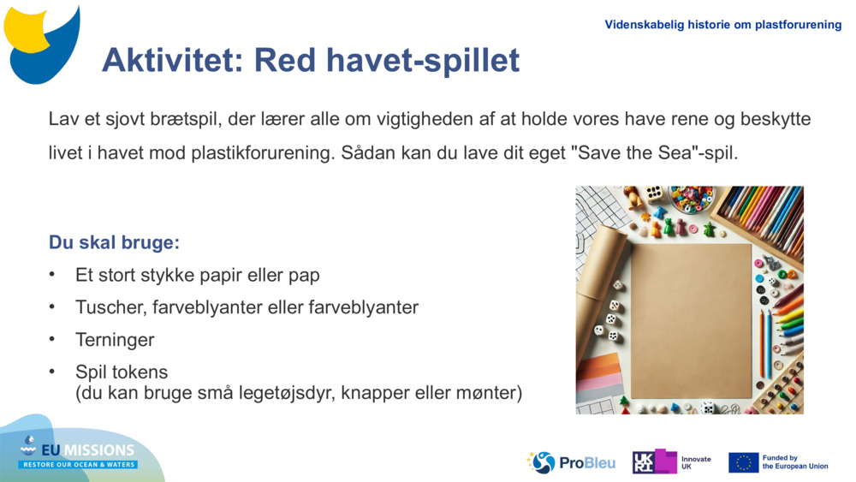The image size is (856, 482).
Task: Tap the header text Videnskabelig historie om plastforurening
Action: (722, 25)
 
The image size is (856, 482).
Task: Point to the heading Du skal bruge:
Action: (114, 242)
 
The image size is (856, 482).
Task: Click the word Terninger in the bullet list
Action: (115, 340)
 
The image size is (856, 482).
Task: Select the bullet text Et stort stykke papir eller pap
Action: (197, 276)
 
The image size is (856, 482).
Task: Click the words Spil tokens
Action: (122, 372)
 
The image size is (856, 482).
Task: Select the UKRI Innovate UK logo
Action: (671, 462)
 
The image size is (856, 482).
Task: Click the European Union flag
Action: (743, 463)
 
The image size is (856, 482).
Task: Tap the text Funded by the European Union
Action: (794, 462)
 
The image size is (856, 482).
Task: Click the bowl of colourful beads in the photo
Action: (692, 199)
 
